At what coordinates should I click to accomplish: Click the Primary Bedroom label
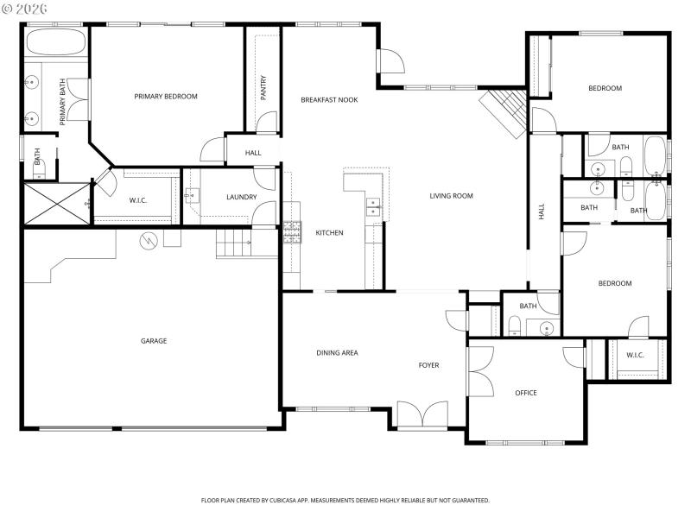click(x=166, y=96)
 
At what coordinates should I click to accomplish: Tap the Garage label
click(x=154, y=341)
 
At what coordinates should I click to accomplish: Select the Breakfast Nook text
click(x=329, y=100)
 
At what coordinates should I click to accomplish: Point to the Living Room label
click(x=452, y=196)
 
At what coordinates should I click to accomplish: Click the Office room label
click(x=526, y=393)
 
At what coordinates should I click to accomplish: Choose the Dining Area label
click(x=337, y=352)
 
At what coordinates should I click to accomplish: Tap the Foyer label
click(x=428, y=365)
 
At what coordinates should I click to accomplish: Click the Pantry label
click(x=263, y=87)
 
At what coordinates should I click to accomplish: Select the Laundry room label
click(x=241, y=197)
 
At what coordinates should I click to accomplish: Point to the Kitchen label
click(x=329, y=233)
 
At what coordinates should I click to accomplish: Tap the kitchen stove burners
click(x=292, y=230)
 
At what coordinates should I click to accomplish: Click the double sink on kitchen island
click(x=373, y=206)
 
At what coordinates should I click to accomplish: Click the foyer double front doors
click(x=422, y=414)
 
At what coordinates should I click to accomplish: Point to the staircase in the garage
click(x=233, y=243)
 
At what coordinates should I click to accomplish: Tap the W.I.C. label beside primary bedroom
click(x=138, y=201)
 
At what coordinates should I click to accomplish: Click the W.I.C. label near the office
click(x=635, y=355)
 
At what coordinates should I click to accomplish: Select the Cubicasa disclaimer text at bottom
click(x=345, y=500)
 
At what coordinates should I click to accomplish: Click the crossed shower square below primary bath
click(x=56, y=204)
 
